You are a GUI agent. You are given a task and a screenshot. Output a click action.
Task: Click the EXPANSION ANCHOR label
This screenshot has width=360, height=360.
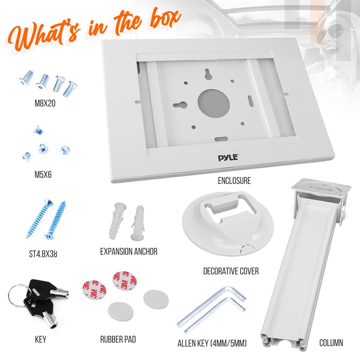pyautogui.click(x=129, y=251)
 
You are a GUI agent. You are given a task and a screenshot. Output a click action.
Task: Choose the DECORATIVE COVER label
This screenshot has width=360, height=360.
pyautogui.click(x=231, y=271)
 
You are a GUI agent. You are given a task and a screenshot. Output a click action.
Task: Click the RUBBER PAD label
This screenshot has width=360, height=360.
pyautogui.click(x=118, y=339)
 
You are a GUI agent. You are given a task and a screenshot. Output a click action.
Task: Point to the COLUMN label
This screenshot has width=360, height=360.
pyautogui.click(x=331, y=342)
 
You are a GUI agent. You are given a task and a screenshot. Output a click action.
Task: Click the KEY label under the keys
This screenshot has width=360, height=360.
pyautogui.click(x=41, y=339)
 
